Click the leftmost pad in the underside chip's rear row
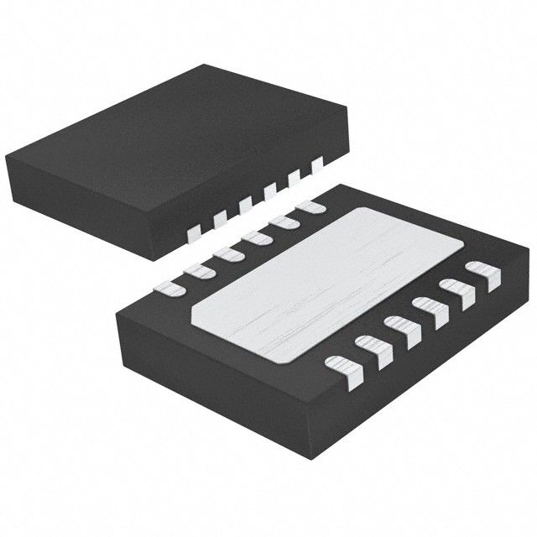pyautogui.click(x=172, y=289)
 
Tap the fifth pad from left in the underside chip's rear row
pyautogui.click(x=284, y=221)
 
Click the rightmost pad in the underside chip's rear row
pyautogui.click(x=310, y=205)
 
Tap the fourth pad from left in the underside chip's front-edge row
pyautogui.click(x=429, y=311)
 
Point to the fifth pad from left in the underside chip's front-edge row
pyautogui.click(x=456, y=293)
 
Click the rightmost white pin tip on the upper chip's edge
pyautogui.click(x=317, y=164)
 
